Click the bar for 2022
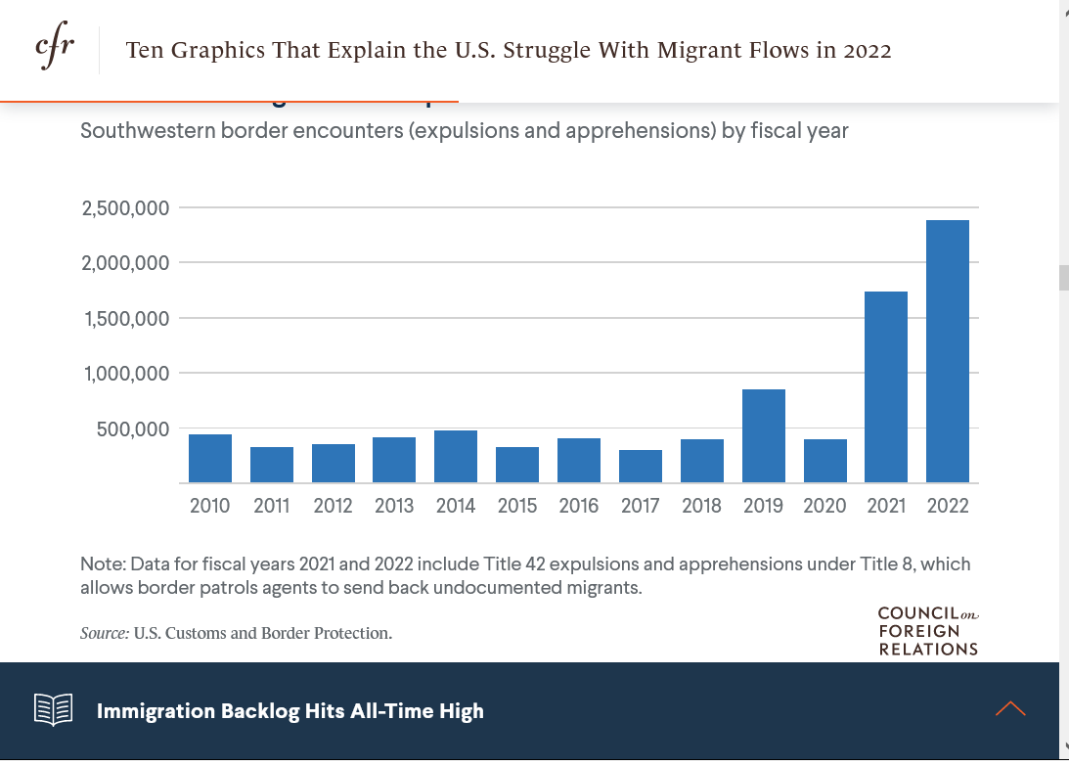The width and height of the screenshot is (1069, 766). click(x=948, y=351)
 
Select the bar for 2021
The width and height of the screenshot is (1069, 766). click(x=886, y=387)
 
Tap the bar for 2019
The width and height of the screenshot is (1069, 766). click(x=764, y=436)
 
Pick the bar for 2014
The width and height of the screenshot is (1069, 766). click(x=456, y=457)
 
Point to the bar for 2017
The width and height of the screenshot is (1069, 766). click(x=641, y=467)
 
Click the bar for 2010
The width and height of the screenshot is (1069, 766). click(x=210, y=459)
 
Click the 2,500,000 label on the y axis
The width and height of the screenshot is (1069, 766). click(x=126, y=208)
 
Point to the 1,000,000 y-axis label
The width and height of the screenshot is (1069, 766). click(x=126, y=374)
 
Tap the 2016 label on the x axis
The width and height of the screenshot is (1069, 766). click(x=579, y=506)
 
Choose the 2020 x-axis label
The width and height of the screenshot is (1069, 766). click(x=824, y=506)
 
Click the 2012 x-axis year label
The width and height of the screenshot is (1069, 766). click(x=334, y=506)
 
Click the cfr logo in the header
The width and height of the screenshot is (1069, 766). click(x=54, y=49)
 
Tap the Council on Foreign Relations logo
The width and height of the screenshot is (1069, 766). click(x=928, y=631)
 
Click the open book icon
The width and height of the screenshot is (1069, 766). click(x=54, y=710)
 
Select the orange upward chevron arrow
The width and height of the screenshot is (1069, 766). click(x=1010, y=709)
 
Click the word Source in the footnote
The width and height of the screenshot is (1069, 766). click(x=104, y=633)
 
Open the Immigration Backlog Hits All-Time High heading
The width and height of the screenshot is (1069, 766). click(x=290, y=711)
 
